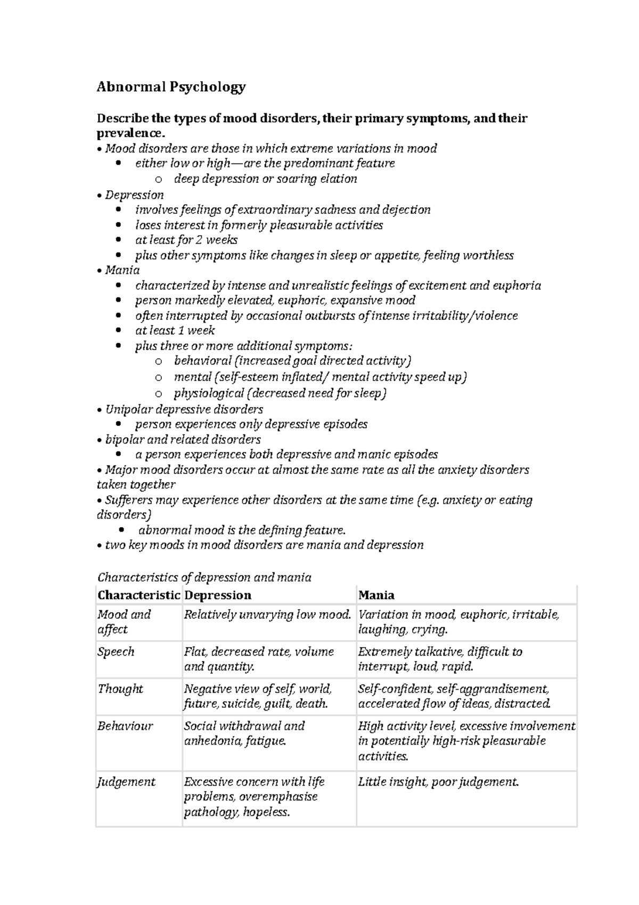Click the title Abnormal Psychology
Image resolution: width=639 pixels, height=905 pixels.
tap(171, 87)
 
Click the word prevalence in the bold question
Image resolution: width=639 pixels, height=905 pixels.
tap(127, 132)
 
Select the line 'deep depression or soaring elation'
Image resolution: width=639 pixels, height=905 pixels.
tap(265, 179)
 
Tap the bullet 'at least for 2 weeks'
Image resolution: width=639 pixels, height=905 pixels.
tap(186, 240)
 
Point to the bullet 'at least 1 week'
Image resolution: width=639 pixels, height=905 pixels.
tap(175, 330)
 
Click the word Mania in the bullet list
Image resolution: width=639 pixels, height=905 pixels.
tap(122, 270)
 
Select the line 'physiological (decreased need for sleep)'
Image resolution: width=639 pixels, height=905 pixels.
tap(280, 394)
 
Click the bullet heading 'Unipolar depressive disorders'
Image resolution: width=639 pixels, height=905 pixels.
tap(184, 409)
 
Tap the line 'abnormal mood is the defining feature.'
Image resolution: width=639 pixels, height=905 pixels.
tap(242, 530)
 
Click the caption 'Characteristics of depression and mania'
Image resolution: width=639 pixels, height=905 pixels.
tap(204, 578)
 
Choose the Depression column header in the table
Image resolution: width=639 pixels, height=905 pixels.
tap(217, 595)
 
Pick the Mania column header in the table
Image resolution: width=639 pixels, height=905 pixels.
tap(376, 595)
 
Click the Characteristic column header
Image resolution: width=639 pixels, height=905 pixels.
tap(138, 595)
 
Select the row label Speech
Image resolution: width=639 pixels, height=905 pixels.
tap(116, 652)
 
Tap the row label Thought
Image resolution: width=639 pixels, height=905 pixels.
tap(120, 689)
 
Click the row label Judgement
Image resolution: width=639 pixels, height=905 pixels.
tap(126, 782)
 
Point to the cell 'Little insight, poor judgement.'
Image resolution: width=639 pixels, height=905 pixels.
tap(438, 782)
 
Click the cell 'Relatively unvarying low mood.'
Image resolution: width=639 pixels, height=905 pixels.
tap(267, 615)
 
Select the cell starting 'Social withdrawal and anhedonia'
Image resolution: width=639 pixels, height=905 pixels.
tap(244, 733)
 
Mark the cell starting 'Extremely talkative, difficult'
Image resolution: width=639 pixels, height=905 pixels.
tap(440, 659)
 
